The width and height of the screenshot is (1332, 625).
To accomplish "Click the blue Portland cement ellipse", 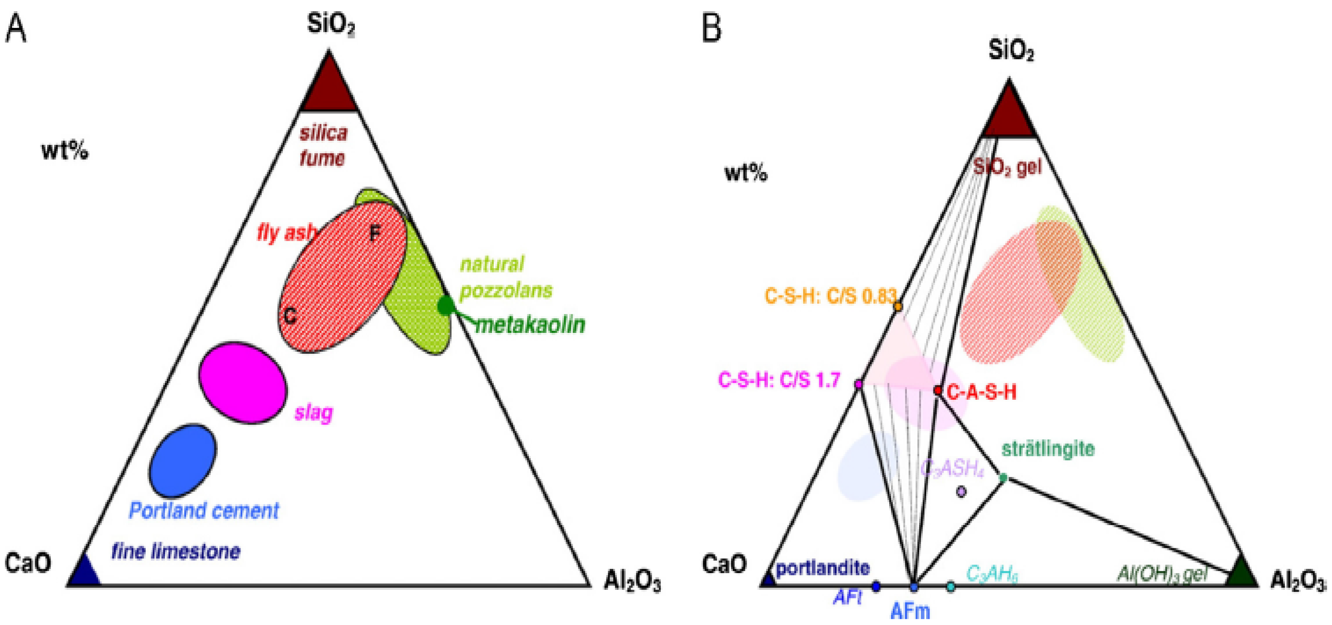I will tap(183, 460).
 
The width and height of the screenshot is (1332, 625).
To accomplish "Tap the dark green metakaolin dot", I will tap(445, 306).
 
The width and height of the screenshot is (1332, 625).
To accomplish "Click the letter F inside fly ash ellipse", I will tap(375, 234).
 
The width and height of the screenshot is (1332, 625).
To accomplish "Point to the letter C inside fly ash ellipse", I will tap(290, 315).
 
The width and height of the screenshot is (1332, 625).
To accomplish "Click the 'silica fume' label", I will tap(323, 145).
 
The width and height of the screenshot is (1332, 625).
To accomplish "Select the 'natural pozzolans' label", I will tap(506, 277).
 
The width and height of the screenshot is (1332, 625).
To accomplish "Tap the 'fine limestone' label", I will tap(176, 552).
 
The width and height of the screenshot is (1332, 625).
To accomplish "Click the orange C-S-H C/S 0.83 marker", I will tap(898, 307).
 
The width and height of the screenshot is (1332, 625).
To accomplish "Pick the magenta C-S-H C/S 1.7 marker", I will tap(858, 384).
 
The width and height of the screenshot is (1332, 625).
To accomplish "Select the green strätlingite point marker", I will tap(1004, 478).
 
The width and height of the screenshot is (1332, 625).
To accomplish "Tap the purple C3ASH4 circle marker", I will tap(961, 492).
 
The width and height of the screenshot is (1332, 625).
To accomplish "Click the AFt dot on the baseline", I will tap(876, 586).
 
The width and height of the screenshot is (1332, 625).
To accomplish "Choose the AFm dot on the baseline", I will tap(914, 587).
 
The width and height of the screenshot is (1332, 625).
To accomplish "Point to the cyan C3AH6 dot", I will tap(951, 587).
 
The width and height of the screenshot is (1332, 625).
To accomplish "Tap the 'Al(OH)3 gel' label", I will tap(1162, 573).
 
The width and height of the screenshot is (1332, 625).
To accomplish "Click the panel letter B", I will tap(711, 28).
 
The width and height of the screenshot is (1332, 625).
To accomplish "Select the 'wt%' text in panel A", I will tap(65, 151).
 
